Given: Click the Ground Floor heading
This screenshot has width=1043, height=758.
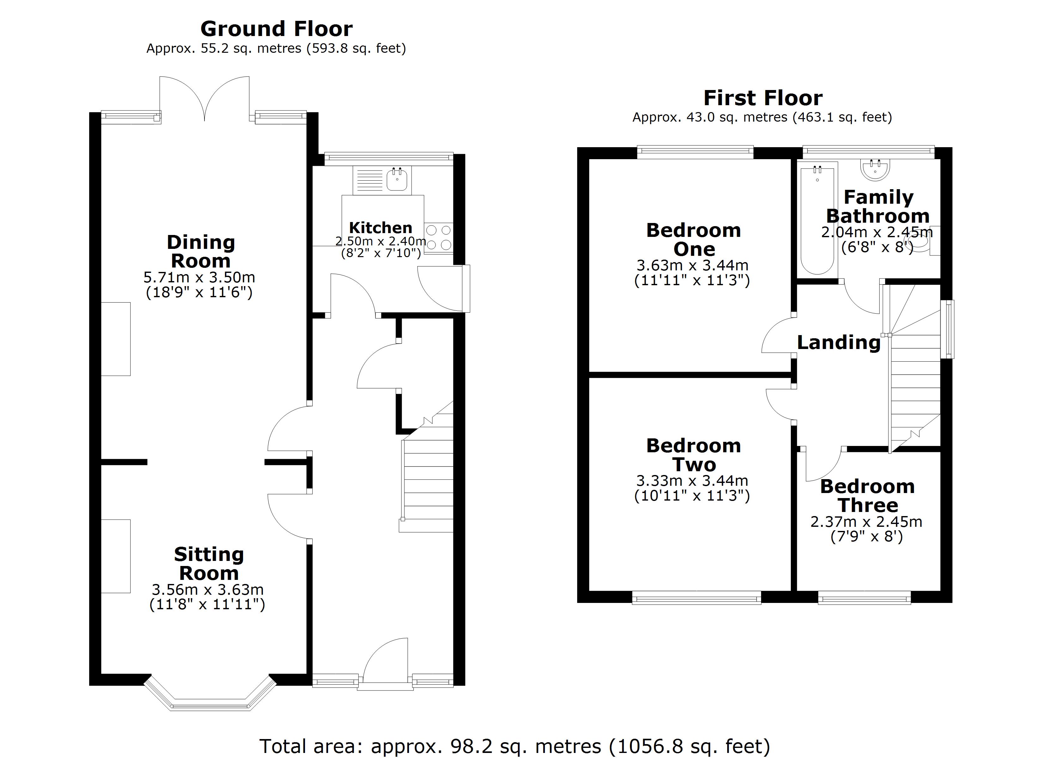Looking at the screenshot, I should click(276, 29).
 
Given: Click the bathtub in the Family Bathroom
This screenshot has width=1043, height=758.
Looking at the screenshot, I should click(817, 221).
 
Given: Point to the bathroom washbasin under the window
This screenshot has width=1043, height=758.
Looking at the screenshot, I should click(875, 169).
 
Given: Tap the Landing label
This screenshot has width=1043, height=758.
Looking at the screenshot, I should click(839, 342).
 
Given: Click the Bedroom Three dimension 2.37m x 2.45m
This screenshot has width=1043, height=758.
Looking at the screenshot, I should click(866, 522).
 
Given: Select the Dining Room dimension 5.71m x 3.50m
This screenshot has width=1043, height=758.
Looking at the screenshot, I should click(199, 278).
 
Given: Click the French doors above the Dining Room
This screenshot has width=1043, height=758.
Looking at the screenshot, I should click(204, 99).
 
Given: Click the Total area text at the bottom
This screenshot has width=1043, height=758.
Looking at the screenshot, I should click(514, 746).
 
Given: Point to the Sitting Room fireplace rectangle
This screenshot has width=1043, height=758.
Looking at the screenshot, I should click(116, 556).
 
